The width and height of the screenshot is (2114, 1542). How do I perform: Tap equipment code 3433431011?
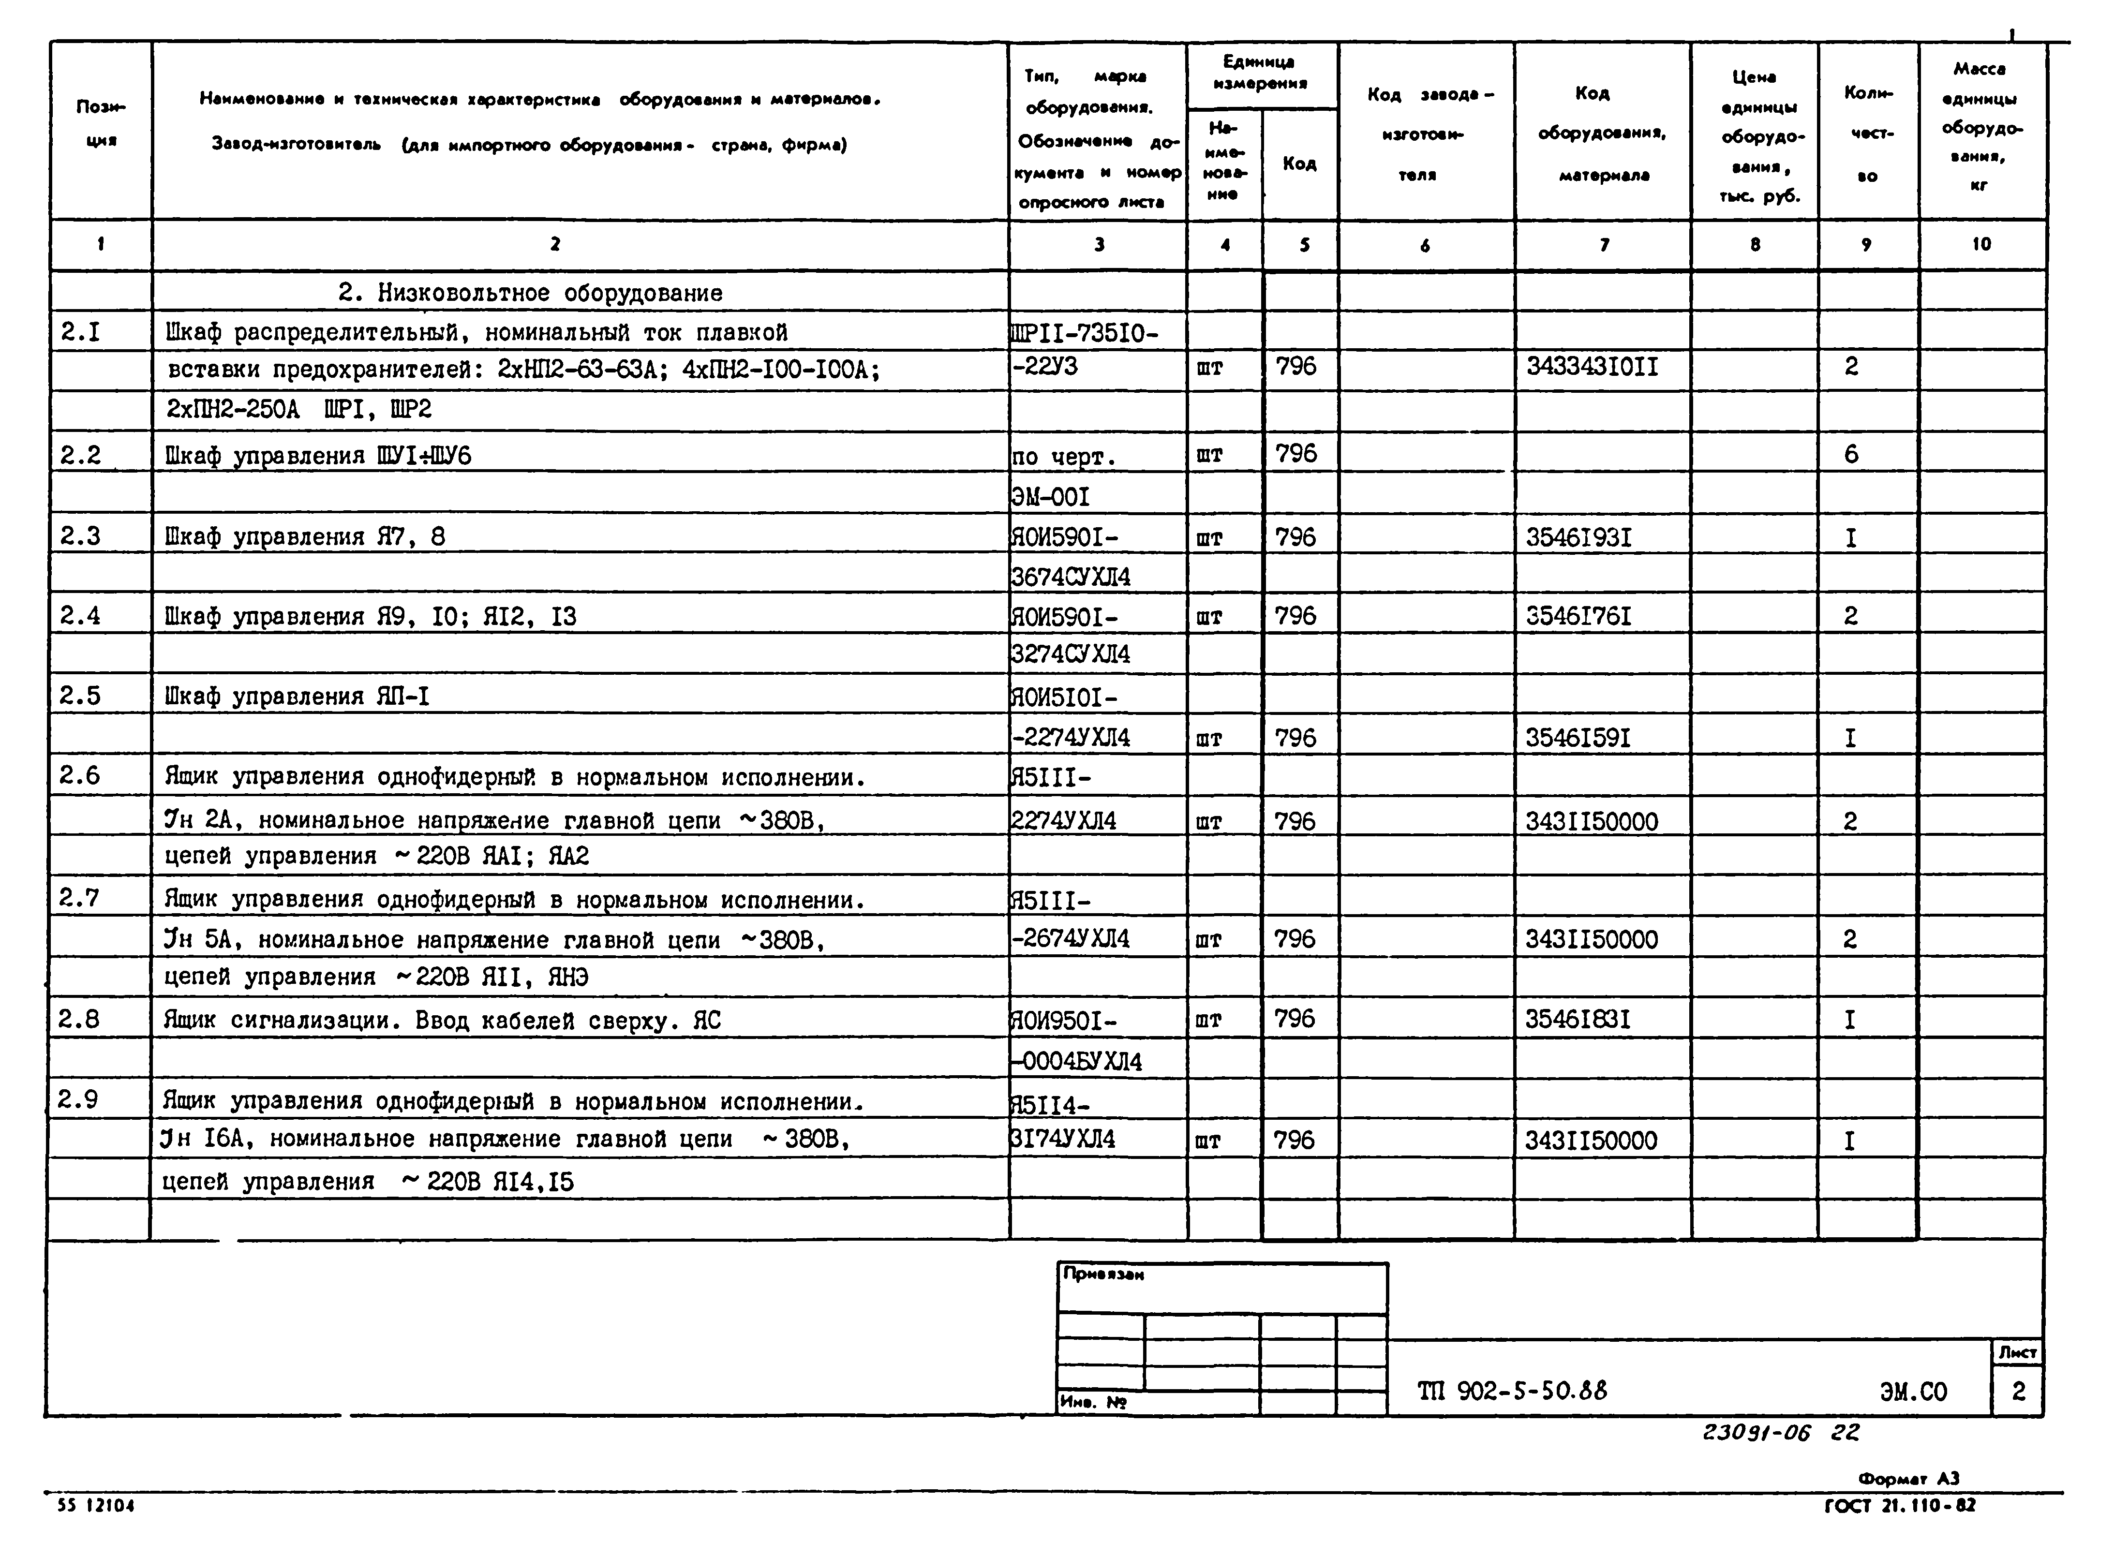tap(1592, 367)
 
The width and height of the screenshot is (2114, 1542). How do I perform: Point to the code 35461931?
tap(1579, 538)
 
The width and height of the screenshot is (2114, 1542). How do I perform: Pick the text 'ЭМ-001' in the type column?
tap(1051, 497)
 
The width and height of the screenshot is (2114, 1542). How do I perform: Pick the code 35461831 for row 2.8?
tap(1578, 1019)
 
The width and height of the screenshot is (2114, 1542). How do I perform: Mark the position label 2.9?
tap(78, 1099)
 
